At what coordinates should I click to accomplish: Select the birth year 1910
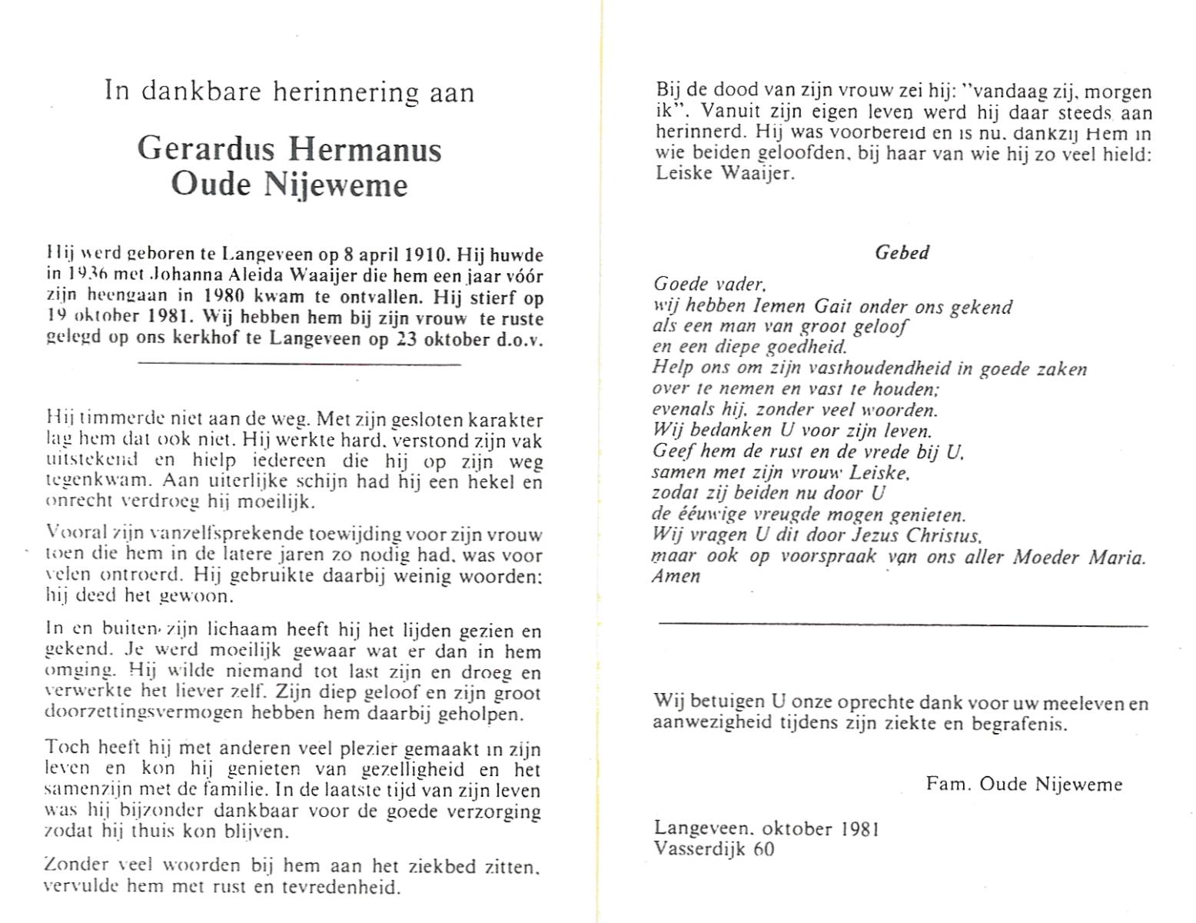(414, 255)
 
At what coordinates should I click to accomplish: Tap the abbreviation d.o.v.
(520, 338)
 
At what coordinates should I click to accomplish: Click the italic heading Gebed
(902, 252)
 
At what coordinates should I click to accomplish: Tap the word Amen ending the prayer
(676, 577)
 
